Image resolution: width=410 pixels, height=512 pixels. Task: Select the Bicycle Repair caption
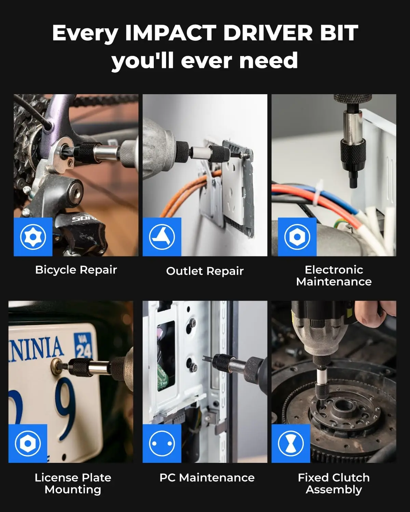click(x=76, y=270)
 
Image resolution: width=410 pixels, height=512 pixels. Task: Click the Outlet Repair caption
click(x=205, y=271)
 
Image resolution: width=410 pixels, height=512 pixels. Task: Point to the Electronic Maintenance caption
click(x=334, y=276)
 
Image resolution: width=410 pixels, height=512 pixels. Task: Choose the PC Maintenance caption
click(x=207, y=478)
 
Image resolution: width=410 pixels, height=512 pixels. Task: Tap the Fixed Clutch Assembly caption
click(x=334, y=483)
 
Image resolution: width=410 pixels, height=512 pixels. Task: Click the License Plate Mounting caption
click(x=73, y=483)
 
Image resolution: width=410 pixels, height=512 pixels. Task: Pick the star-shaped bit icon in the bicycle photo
click(x=33, y=237)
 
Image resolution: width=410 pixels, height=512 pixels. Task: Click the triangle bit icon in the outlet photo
click(x=162, y=237)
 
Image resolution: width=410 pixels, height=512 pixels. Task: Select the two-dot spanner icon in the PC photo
click(x=162, y=444)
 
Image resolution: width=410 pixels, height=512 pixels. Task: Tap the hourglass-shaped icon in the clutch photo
click(x=291, y=444)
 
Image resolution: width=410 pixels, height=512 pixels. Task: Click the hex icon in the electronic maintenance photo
click(x=297, y=237)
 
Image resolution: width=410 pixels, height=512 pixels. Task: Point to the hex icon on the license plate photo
click(x=28, y=444)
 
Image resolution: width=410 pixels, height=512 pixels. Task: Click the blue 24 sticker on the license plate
click(x=83, y=345)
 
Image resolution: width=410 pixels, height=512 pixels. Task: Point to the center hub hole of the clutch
click(x=343, y=405)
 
